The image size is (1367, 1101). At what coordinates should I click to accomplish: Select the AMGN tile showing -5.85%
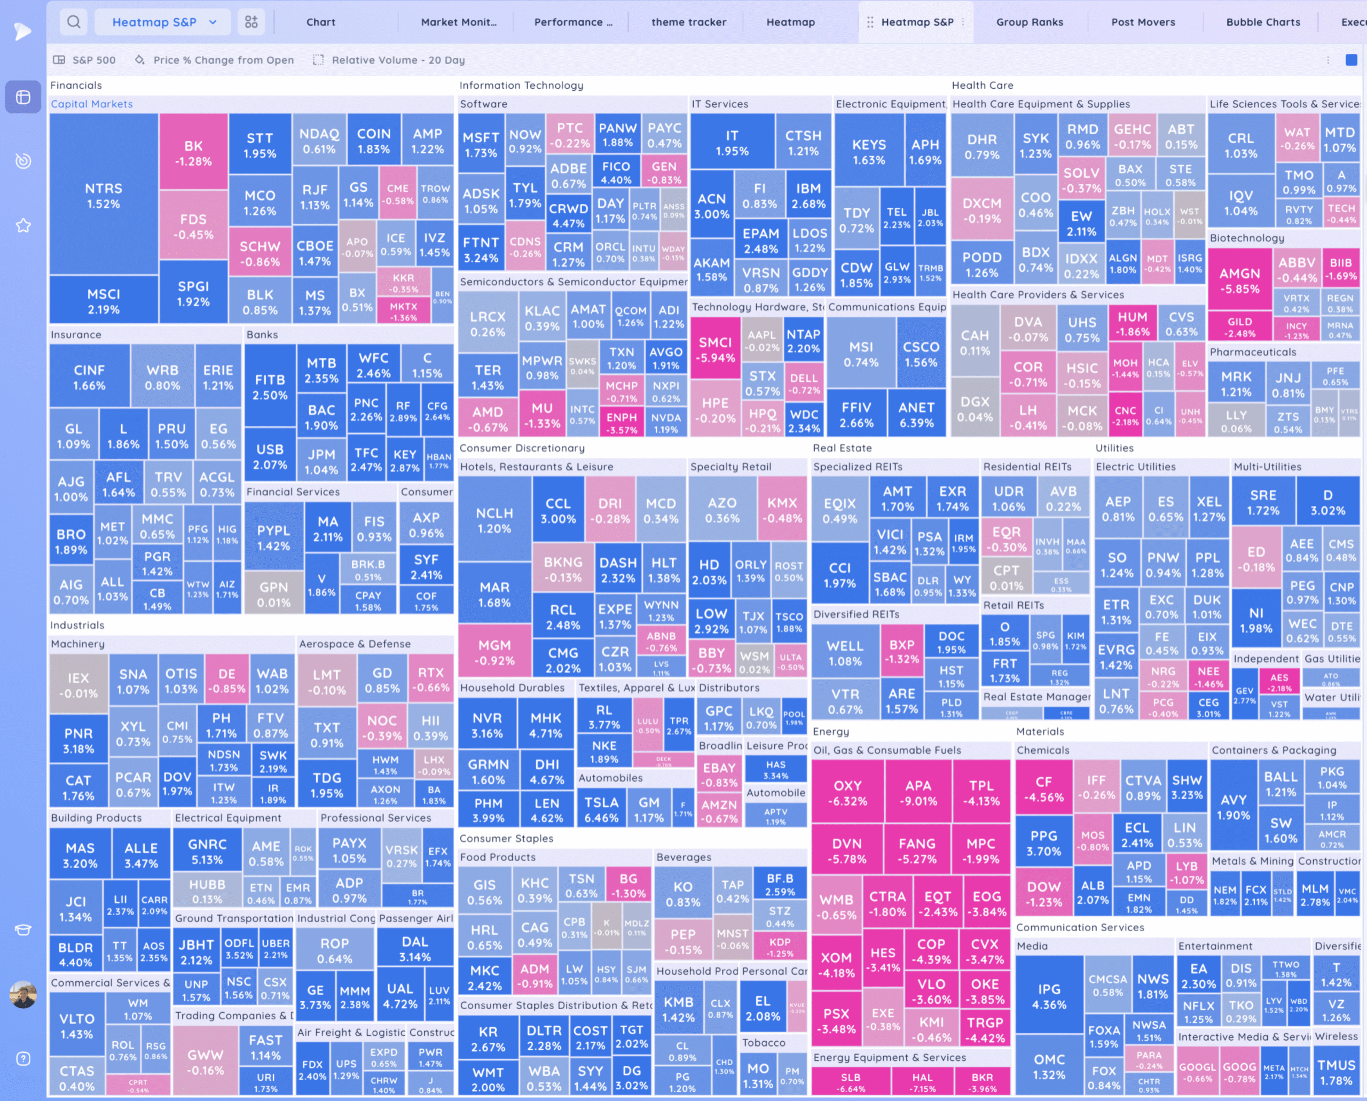[1239, 280]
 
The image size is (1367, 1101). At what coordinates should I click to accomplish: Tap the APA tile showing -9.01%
[917, 792]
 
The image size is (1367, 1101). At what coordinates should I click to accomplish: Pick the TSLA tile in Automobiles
[601, 809]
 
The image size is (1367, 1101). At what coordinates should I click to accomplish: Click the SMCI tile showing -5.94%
[715, 349]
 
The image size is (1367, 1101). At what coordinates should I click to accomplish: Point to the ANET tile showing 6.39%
[916, 414]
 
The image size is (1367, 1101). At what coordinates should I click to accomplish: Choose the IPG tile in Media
[1049, 996]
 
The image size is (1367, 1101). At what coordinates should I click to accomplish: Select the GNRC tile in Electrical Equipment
[207, 851]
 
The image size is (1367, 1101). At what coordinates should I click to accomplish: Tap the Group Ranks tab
[1029, 22]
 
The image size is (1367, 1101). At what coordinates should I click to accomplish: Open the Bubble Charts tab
[1262, 22]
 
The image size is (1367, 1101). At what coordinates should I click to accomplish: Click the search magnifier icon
[74, 22]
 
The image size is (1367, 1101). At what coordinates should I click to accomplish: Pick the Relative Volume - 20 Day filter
[390, 60]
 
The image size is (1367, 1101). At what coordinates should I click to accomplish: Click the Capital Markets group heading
[92, 104]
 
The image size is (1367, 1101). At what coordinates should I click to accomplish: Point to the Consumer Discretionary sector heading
[522, 448]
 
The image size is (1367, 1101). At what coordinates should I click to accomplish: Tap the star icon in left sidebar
[23, 225]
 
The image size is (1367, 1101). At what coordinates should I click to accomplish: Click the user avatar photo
[23, 995]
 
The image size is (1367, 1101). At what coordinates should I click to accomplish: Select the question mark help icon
[23, 1058]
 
